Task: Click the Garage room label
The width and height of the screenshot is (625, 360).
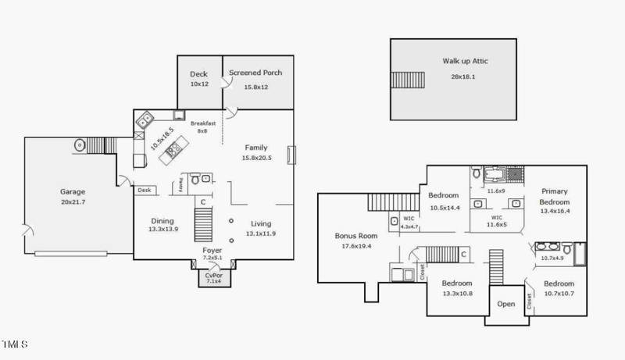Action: (x=73, y=191)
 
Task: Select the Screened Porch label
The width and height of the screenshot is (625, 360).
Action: (x=255, y=73)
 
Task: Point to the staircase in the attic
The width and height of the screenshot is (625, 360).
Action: (x=406, y=80)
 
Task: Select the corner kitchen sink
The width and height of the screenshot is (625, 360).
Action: (x=145, y=120)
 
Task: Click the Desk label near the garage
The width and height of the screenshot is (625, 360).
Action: (x=145, y=190)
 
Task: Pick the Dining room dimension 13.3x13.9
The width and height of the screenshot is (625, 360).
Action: (x=163, y=230)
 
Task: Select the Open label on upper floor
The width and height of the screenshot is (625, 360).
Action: (x=505, y=304)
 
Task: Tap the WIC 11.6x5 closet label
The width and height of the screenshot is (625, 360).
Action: (x=496, y=221)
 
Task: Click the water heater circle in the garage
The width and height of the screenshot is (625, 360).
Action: (x=79, y=145)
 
